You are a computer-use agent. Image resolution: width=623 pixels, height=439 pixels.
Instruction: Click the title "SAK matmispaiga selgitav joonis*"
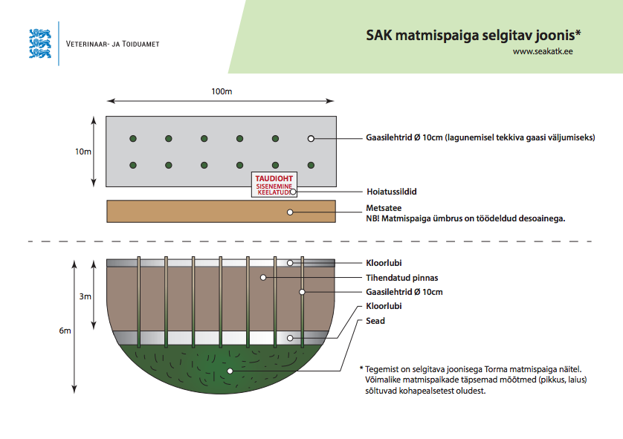coord(473,35)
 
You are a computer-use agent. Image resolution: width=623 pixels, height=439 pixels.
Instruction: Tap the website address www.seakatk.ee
coord(542,51)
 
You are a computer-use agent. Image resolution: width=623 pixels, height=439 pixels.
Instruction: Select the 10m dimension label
coord(83,152)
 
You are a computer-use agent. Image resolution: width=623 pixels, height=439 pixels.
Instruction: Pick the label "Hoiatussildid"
coord(391,192)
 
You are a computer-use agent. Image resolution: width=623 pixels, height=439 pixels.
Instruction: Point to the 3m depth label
coord(85,296)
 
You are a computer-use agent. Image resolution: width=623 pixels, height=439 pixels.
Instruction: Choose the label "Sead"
coord(375,321)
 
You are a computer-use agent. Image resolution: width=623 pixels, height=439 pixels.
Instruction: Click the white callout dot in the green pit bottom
coord(230,370)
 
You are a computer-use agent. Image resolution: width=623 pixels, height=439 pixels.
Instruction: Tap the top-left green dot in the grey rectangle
coord(133,138)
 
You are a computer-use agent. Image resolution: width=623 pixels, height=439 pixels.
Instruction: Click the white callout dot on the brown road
coord(291,212)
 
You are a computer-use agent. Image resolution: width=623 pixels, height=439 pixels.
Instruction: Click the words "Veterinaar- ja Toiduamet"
coord(113,44)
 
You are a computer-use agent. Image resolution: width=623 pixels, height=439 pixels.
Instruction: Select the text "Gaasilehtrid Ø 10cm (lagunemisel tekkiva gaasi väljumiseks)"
coord(480,137)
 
